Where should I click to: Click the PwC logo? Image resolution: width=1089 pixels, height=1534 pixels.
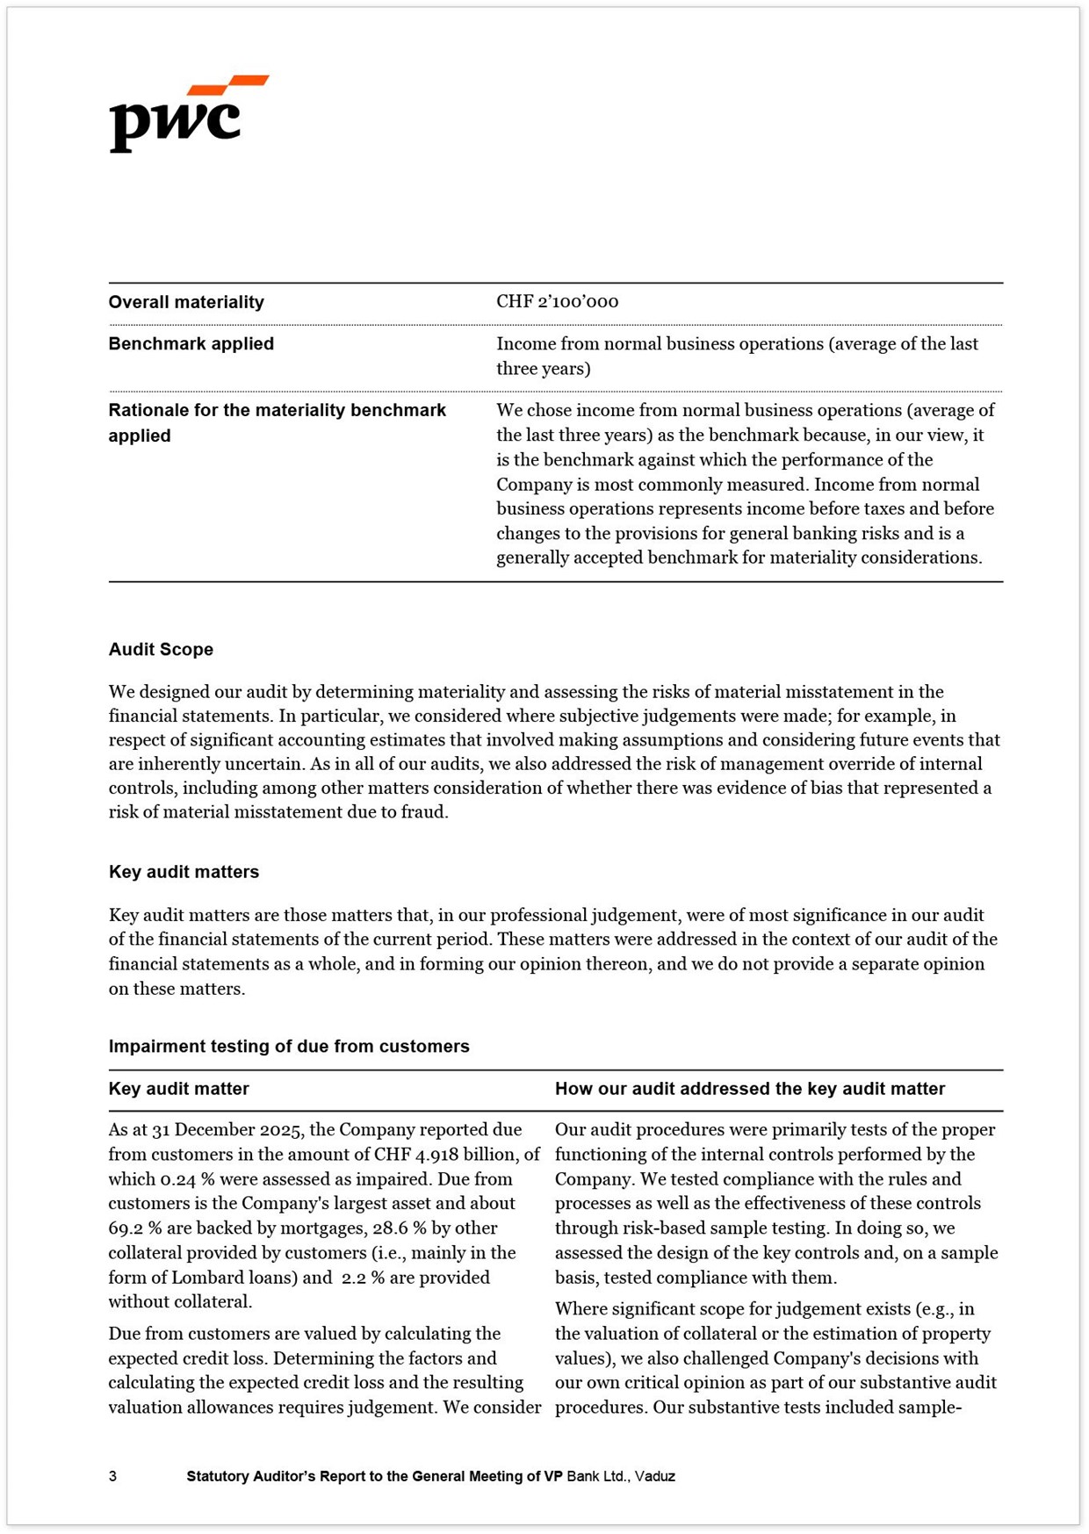pos(187,114)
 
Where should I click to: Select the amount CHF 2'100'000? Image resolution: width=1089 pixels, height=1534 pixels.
pos(557,302)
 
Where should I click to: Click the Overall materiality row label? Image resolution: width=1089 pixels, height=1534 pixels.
pos(186,302)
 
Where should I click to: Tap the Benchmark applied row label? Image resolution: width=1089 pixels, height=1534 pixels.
pos(191,344)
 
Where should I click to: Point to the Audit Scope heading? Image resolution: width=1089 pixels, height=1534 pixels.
pos(161,650)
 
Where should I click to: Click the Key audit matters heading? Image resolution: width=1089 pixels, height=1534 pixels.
pos(184,872)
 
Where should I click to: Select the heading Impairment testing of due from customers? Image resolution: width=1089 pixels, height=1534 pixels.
pos(289,1047)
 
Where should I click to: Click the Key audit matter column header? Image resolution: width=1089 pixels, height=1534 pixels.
pos(178,1089)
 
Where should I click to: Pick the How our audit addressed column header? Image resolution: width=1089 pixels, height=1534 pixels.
pos(749,1089)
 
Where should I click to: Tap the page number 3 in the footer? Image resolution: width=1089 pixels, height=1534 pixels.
pos(112,1477)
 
